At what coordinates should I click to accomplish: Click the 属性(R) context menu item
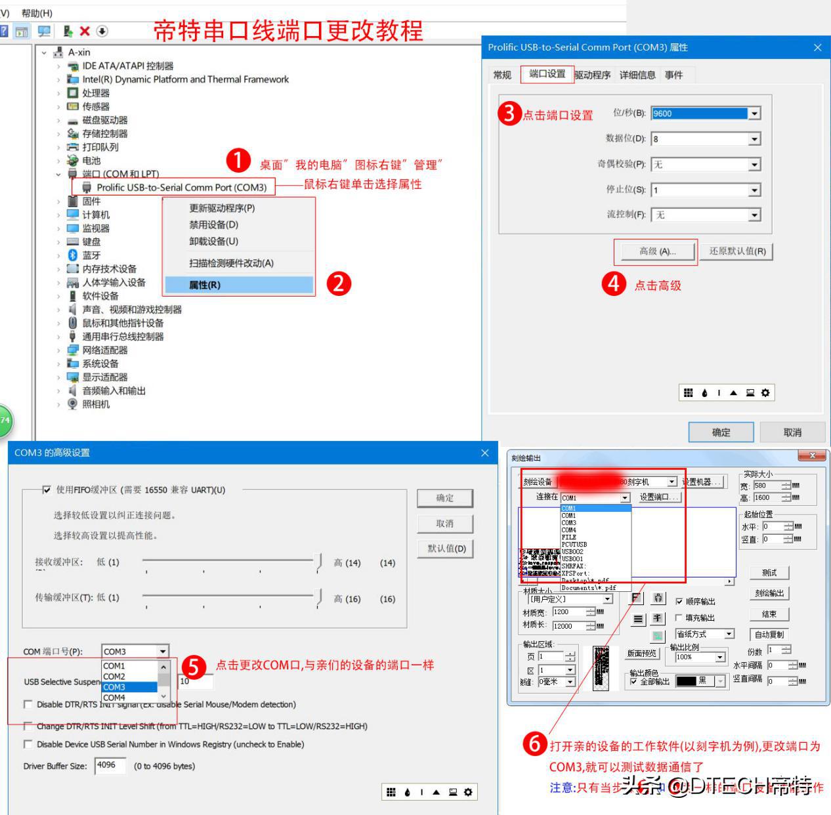tap(205, 285)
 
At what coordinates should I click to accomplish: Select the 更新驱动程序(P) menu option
tap(222, 208)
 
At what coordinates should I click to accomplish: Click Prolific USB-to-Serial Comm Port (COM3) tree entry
tap(181, 188)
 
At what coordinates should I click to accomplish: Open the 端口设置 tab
tap(547, 74)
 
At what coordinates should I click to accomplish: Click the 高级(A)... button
tap(657, 251)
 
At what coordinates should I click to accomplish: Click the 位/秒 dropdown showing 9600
tap(706, 114)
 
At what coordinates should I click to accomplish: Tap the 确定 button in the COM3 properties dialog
tap(721, 432)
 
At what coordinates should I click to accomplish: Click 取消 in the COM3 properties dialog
tap(792, 432)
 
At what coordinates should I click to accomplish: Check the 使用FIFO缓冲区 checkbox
tap(47, 490)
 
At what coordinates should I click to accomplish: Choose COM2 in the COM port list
tap(114, 677)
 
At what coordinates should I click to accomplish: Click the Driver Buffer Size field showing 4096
tap(109, 765)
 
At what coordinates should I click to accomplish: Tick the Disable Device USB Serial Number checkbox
tap(28, 744)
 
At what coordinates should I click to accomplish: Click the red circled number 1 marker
tap(238, 160)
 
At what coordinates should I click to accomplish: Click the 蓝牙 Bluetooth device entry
tap(91, 255)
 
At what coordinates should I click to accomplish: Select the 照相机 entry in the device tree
tap(96, 404)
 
